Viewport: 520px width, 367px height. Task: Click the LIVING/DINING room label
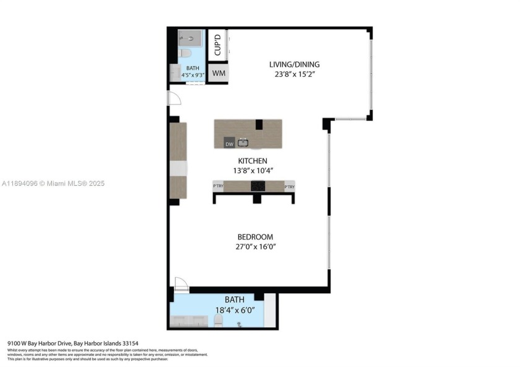294,64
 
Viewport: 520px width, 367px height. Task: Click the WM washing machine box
218,73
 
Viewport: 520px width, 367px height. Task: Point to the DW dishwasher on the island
229,144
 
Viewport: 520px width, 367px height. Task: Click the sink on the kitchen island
244,143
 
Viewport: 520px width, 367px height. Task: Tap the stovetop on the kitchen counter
258,186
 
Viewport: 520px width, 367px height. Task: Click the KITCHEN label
247,161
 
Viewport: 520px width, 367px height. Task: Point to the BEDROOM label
255,237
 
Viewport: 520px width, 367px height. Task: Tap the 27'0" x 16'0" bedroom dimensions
255,247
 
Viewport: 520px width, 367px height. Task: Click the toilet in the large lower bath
218,321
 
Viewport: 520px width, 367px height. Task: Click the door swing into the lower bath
181,284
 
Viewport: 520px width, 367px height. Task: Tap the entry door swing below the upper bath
174,98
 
